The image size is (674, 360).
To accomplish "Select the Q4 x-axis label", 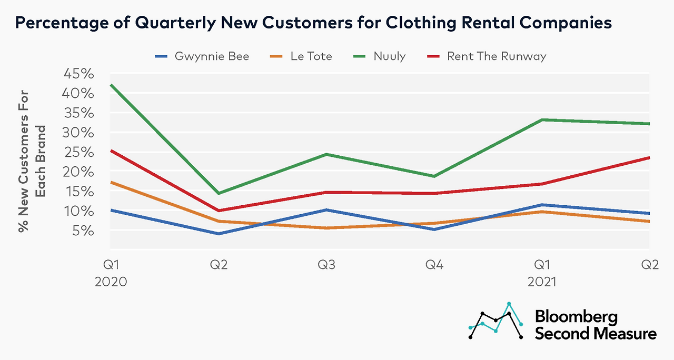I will [x=434, y=265].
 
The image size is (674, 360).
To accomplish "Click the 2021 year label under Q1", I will [x=541, y=282].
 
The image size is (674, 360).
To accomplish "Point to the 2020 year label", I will [x=111, y=282].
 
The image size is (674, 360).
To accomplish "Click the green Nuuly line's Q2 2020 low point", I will [x=218, y=194].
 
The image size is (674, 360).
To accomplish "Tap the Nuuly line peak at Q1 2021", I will [x=541, y=120].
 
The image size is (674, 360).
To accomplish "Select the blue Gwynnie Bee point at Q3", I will [x=326, y=210].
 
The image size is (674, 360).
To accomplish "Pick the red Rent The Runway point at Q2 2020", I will [x=218, y=211].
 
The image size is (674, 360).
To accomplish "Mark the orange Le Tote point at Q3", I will [x=326, y=228].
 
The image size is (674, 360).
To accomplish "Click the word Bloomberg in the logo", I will [x=576, y=317].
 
